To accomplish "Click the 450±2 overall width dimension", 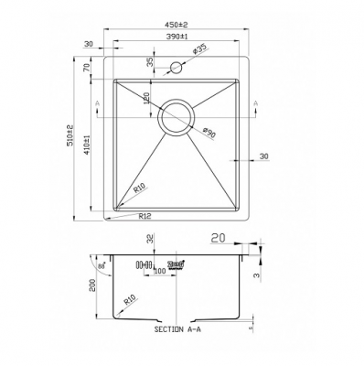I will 177,26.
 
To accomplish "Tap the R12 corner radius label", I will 145,217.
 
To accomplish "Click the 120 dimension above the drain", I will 148,97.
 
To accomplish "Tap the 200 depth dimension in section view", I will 91,285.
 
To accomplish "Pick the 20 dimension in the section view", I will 217,238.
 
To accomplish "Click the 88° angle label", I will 100,264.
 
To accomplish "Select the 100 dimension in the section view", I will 160,272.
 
